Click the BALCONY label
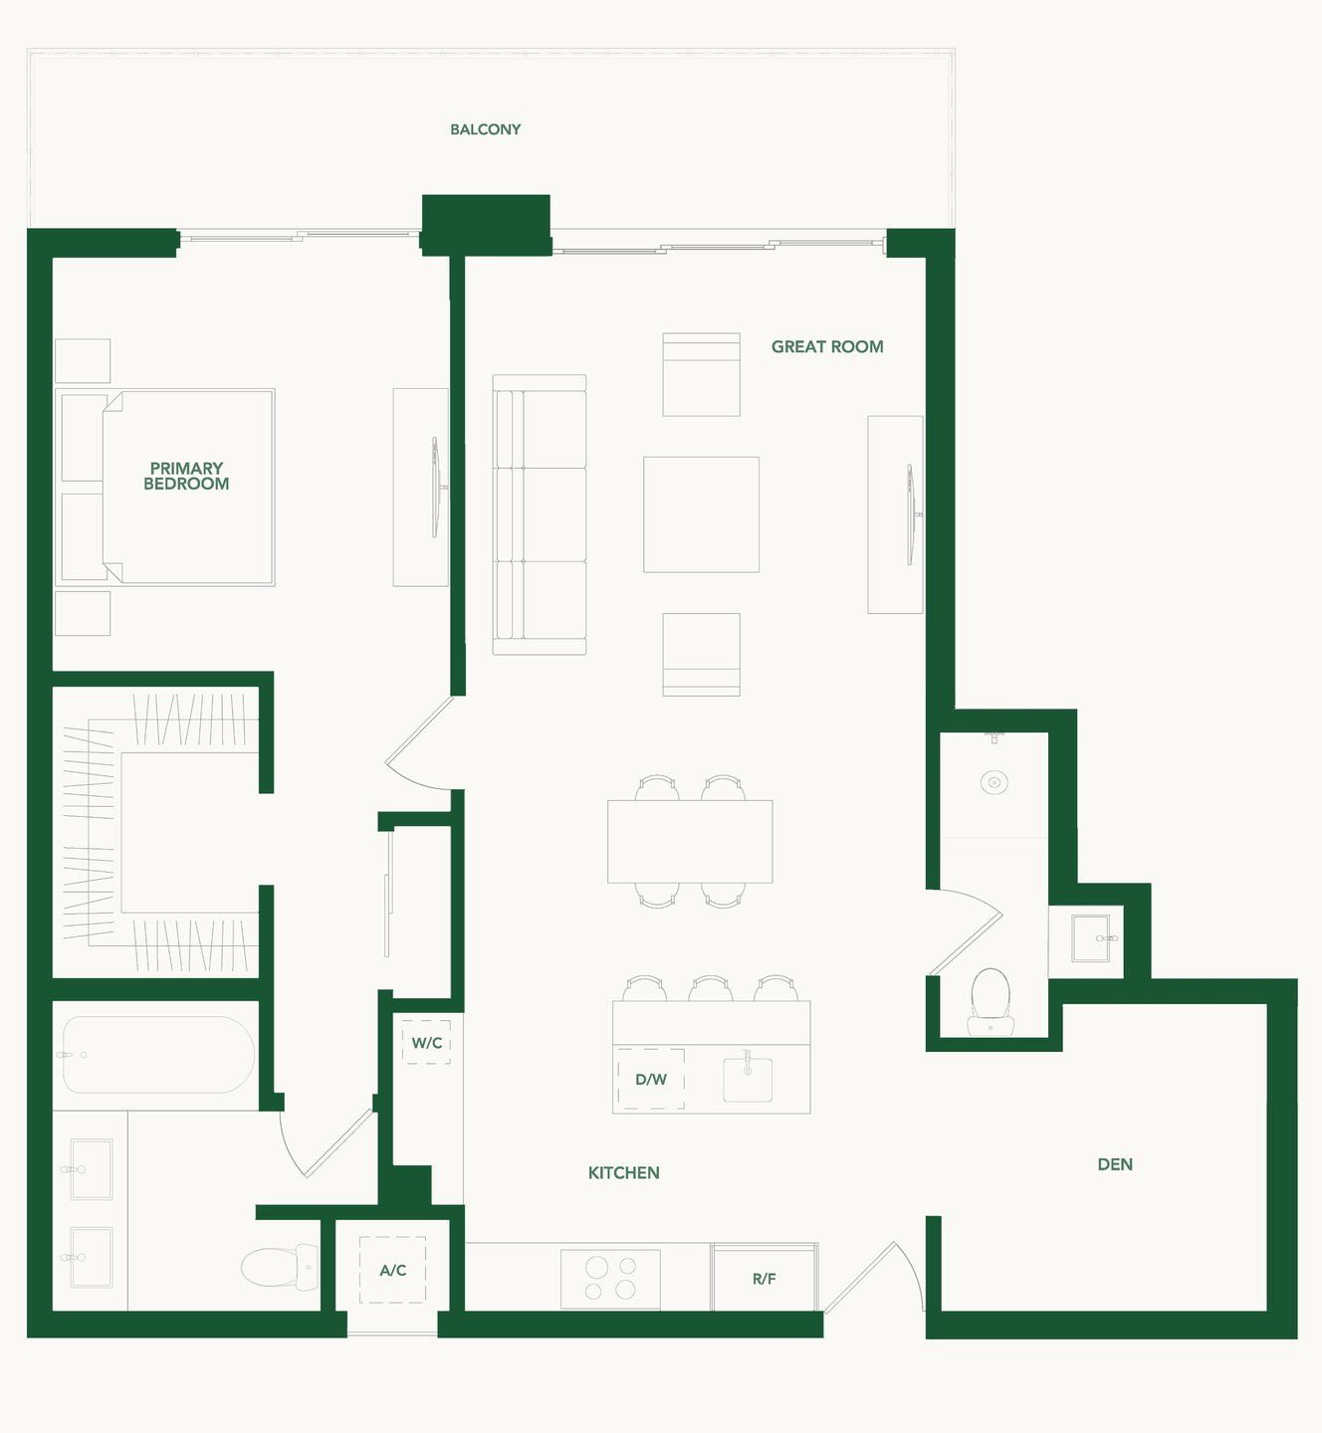click(x=485, y=129)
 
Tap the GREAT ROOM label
click(x=827, y=347)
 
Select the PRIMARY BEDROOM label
click(x=186, y=476)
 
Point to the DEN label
click(x=1115, y=1164)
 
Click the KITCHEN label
click(x=623, y=1173)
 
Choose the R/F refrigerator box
click(x=765, y=1278)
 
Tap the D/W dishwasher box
click(x=651, y=1079)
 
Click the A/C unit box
click(x=392, y=1270)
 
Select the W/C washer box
click(x=427, y=1042)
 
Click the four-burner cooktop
click(x=610, y=1279)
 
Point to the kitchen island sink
click(x=748, y=1079)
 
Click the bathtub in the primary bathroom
click(x=157, y=1055)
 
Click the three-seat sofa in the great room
click(x=539, y=514)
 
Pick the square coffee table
click(x=701, y=514)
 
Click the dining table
click(x=690, y=841)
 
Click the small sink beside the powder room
click(x=1092, y=937)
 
